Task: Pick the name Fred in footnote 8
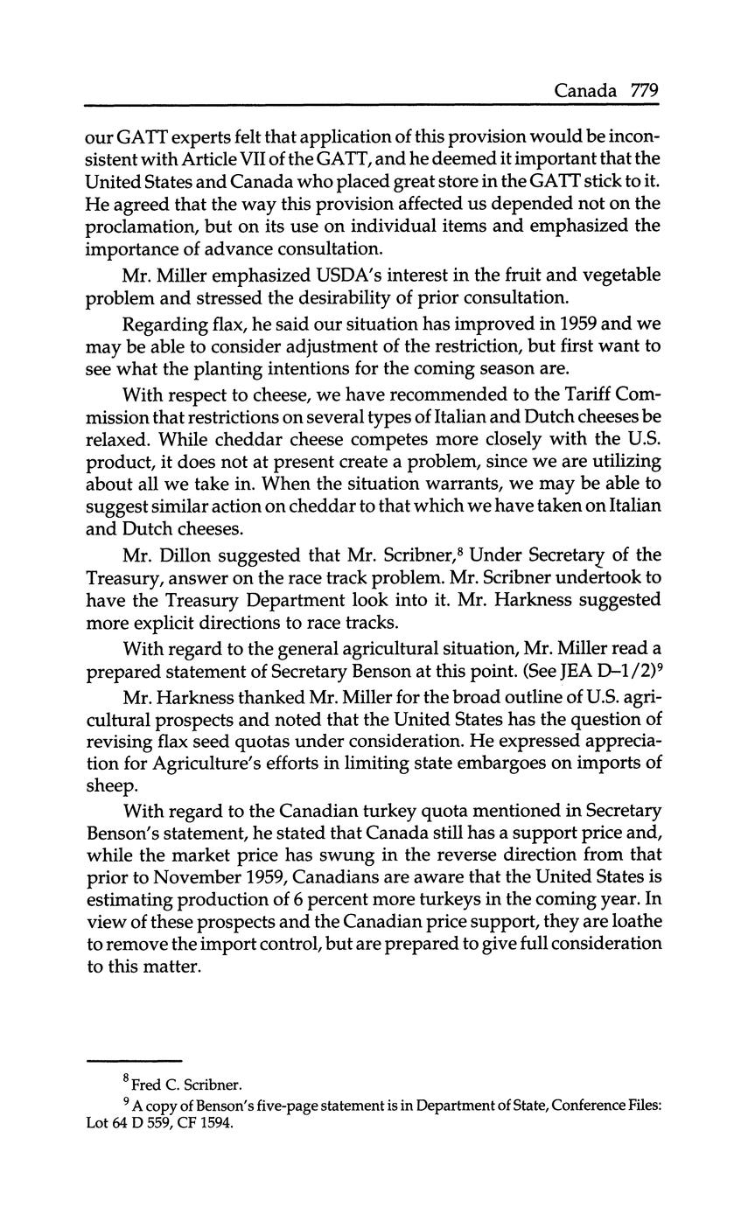tap(147, 1085)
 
